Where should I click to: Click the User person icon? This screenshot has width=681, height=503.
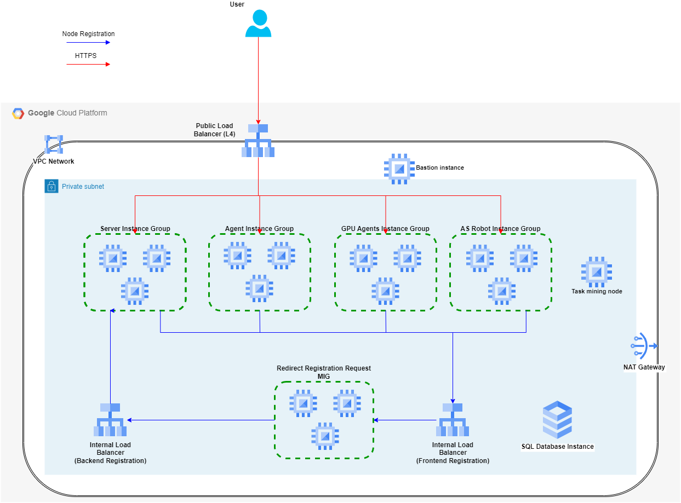click(258, 24)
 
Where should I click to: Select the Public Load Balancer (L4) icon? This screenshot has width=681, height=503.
click(258, 141)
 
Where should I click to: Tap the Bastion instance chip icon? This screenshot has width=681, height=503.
click(398, 168)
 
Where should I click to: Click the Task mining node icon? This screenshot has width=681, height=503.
click(596, 272)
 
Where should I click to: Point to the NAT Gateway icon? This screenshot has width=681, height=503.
click(643, 346)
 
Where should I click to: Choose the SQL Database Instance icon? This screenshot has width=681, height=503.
click(557, 420)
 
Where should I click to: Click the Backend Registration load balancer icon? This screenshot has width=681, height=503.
click(110, 420)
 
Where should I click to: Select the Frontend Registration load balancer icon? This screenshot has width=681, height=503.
click(453, 420)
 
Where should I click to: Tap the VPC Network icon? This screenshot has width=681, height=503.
click(54, 144)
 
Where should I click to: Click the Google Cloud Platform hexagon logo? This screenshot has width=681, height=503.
click(18, 113)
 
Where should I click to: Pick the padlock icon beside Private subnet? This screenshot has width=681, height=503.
click(51, 186)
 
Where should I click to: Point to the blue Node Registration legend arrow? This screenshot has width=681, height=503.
click(88, 42)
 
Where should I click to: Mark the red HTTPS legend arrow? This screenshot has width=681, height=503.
click(88, 64)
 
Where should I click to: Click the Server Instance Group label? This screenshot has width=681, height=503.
click(135, 229)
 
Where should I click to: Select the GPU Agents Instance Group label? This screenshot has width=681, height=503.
click(385, 229)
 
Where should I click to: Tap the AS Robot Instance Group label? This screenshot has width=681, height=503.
click(500, 229)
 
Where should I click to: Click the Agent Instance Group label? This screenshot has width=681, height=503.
click(259, 229)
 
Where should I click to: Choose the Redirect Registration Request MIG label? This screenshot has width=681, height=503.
click(323, 372)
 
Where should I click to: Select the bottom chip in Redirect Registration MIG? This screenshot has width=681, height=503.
click(325, 436)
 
